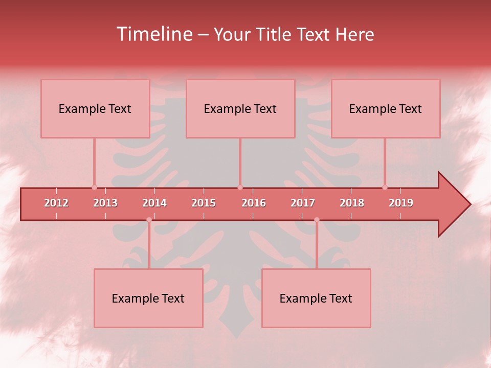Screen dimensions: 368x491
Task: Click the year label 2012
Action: [56, 203]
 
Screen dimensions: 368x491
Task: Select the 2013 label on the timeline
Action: [105, 203]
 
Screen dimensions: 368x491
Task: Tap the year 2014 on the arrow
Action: [154, 203]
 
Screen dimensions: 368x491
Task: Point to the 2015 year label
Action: [204, 203]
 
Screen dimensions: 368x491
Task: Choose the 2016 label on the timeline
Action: [254, 203]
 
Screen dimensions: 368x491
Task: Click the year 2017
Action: [303, 203]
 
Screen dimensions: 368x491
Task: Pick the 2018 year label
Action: [352, 203]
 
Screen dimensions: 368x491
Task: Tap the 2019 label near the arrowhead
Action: [401, 203]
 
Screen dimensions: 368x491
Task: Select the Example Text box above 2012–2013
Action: [95, 108]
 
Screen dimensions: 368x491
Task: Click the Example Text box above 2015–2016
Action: [240, 108]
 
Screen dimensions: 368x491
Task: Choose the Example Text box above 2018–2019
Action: [386, 108]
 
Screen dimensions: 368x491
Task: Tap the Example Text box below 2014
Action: [148, 298]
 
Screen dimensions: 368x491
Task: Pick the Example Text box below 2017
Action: [316, 298]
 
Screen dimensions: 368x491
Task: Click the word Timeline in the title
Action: [153, 34]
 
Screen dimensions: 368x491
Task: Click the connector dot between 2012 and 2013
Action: [94, 187]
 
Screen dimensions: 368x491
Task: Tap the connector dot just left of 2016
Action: [240, 187]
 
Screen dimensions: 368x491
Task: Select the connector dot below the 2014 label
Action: [149, 220]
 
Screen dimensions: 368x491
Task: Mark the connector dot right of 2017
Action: [317, 220]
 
